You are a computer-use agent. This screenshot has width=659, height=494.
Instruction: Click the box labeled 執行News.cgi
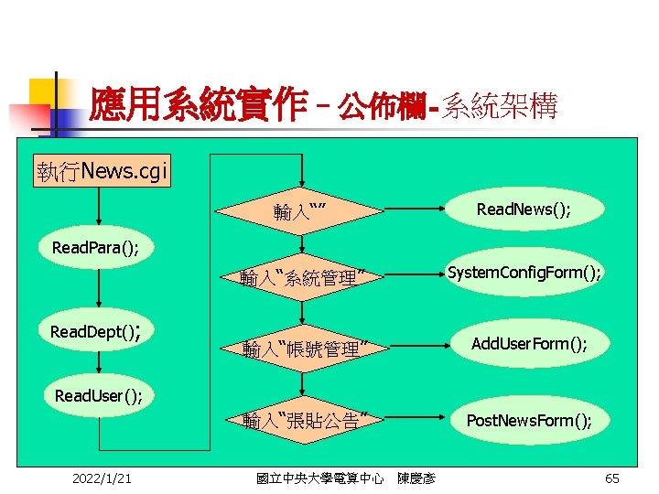(x=103, y=171)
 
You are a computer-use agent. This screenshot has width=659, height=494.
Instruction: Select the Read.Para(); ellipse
(x=96, y=248)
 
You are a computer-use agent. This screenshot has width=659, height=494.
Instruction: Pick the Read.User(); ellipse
(x=98, y=396)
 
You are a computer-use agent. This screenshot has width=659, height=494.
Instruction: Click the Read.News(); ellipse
(x=524, y=209)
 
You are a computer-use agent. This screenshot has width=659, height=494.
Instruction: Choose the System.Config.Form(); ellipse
(x=524, y=272)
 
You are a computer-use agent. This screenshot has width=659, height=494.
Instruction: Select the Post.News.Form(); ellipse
(x=529, y=420)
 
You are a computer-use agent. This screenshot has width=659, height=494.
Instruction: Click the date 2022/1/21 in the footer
(x=101, y=478)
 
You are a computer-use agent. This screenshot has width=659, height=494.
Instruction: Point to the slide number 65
(x=612, y=478)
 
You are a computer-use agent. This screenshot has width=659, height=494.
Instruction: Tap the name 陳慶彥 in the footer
(x=416, y=478)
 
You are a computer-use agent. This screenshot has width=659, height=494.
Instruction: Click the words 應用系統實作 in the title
(x=198, y=107)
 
